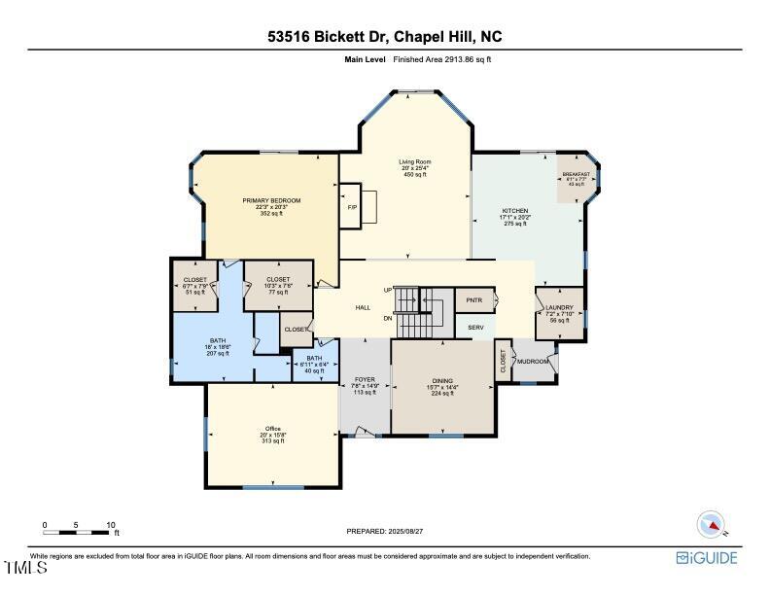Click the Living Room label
pos(415,161)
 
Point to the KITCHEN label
pos(514,211)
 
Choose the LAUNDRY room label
pos(559,307)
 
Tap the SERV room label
pos(475,327)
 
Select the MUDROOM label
pos(532,362)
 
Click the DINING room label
pos(443,381)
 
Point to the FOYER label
pos(364,380)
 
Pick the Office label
pos(273,429)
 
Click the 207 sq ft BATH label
pos(217,340)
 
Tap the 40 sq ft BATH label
pos(314,358)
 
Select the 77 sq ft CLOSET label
pos(278,279)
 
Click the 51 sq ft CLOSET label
pos(194,279)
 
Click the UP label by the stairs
pos(388,290)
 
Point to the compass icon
pos(713,524)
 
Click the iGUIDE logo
pos(707,558)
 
